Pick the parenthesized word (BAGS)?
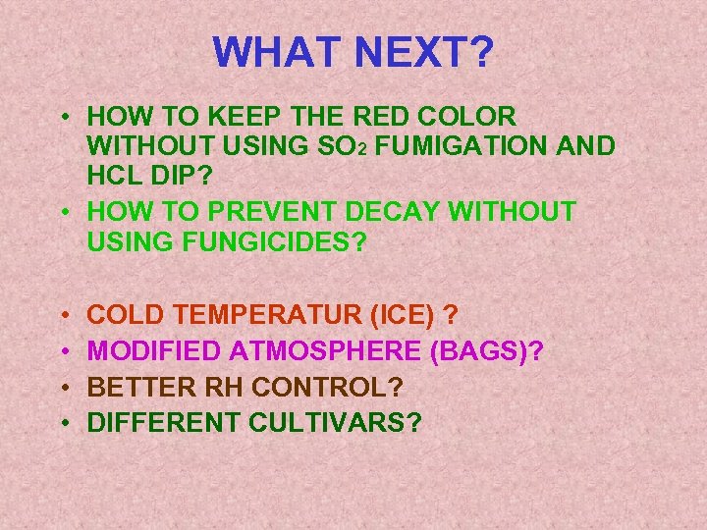coord(489,350)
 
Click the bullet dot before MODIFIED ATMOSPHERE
coord(64,351)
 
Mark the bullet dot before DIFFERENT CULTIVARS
coord(64,424)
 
